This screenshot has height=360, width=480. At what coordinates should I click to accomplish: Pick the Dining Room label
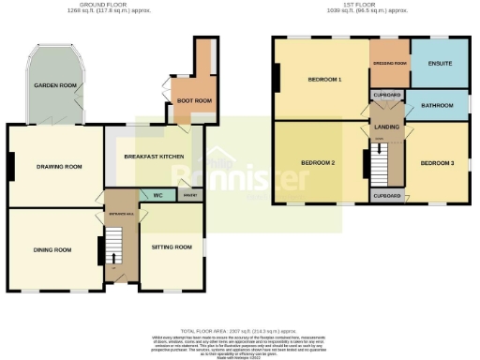(x=52, y=249)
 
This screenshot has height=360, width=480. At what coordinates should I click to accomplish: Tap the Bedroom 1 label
(x=324, y=80)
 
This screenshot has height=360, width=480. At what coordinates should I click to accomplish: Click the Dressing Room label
(x=389, y=63)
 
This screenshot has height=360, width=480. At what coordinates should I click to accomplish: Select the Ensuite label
(x=439, y=64)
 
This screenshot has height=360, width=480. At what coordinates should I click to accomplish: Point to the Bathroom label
(x=437, y=105)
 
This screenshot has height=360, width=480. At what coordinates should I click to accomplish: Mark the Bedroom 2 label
(x=318, y=162)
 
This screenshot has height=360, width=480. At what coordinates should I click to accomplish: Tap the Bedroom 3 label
(x=437, y=163)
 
